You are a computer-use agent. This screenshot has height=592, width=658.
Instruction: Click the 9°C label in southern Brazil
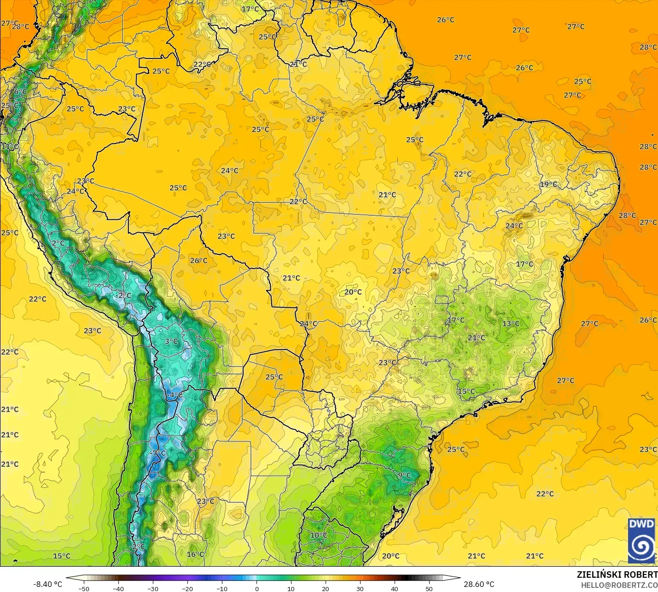(404, 475)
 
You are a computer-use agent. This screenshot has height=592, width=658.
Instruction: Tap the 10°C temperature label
(319, 535)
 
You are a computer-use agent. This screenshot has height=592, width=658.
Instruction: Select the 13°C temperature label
(511, 323)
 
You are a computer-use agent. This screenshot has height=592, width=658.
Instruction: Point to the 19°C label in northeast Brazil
(548, 184)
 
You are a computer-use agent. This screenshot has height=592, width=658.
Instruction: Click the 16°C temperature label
(195, 554)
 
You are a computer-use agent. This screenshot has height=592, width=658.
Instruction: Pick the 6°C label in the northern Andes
(20, 92)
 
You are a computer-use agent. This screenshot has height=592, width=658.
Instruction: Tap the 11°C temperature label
(10, 147)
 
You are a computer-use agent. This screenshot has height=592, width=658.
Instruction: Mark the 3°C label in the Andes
(171, 341)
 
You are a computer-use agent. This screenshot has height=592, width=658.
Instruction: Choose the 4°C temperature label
(176, 395)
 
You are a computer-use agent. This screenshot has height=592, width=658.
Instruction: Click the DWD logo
(641, 540)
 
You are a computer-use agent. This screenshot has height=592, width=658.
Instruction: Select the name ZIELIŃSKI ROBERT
(617, 575)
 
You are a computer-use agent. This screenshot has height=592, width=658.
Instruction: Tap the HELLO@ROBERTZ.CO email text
(619, 585)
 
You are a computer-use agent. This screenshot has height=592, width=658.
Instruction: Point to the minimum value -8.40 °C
(47, 584)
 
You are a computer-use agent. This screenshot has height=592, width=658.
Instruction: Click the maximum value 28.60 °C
(479, 584)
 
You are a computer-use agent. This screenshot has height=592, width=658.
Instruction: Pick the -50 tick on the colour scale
(83, 588)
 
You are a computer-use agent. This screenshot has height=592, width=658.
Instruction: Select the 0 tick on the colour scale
(257, 588)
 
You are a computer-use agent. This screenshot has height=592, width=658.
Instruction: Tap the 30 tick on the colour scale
(360, 588)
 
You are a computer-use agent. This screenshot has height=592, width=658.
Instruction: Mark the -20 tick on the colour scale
(187, 588)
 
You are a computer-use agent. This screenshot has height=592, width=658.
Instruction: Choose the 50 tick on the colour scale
(429, 588)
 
